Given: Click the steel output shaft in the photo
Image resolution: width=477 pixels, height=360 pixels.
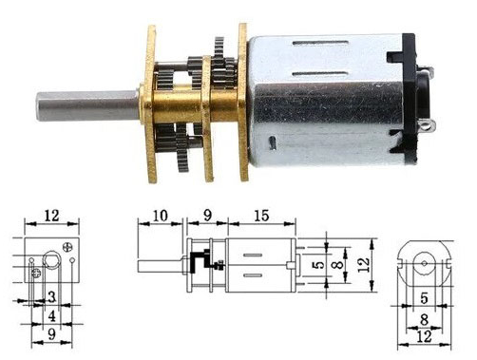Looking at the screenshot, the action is pos(87,105).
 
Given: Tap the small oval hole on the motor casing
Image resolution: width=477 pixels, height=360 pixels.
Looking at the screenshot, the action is pos(273,142).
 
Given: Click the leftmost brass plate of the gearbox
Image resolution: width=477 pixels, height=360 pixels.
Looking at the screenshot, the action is pos(151,104).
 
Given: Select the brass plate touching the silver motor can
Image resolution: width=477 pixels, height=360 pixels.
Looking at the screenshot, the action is pos(243,103).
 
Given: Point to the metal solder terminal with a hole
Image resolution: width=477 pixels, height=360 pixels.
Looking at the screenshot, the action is pos(429,125).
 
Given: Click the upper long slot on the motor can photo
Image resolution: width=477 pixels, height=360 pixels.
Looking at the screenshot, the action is pos(320,43).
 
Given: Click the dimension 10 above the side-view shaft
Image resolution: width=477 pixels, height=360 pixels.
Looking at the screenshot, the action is pos(161,216).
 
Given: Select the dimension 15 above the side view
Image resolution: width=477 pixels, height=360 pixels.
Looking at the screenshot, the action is pos(261,216).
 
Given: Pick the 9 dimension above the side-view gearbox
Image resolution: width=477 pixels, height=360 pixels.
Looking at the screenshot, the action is pos(207,216).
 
